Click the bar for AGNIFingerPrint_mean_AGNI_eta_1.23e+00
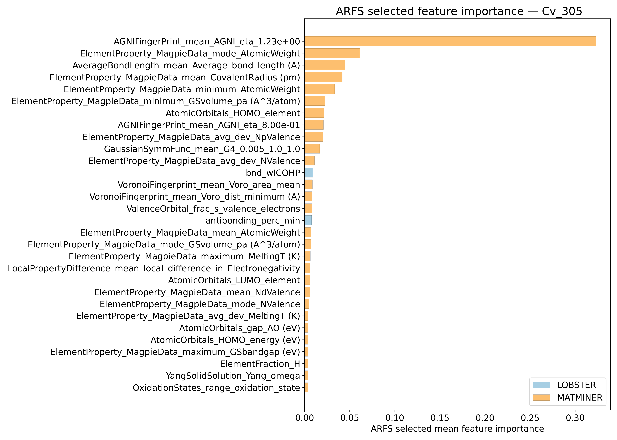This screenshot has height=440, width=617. pyautogui.click(x=450, y=41)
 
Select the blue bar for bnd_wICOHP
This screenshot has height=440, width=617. pyautogui.click(x=308, y=173)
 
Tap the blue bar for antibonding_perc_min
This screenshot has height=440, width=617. pyautogui.click(x=308, y=220)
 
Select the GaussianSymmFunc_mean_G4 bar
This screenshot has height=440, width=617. pyautogui.click(x=312, y=149)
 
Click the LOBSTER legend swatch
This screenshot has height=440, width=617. pyautogui.click(x=541, y=385)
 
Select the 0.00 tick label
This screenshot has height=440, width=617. pyautogui.click(x=304, y=418)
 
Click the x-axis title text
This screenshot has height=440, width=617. pyautogui.click(x=457, y=429)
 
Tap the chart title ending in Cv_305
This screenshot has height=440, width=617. pyautogui.click(x=459, y=11)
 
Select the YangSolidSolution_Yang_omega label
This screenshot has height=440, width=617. pyautogui.click(x=233, y=376)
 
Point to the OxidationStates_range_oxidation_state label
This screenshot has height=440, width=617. pyautogui.click(x=216, y=388)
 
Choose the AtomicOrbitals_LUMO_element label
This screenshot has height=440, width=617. pyautogui.click(x=234, y=280)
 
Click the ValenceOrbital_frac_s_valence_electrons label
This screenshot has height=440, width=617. pyautogui.click(x=213, y=209)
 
